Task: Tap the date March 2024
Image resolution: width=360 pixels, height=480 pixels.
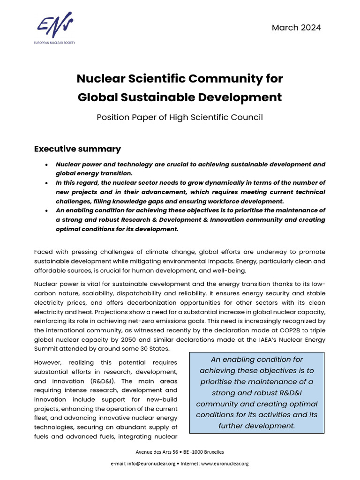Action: pyautogui.click(x=296, y=28)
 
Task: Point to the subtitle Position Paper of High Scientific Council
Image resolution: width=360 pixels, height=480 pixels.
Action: pyautogui.click(x=180, y=117)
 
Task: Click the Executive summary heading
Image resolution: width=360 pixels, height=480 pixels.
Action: pyautogui.click(x=77, y=149)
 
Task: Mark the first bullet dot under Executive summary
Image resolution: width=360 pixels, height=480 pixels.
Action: pyautogui.click(x=46, y=165)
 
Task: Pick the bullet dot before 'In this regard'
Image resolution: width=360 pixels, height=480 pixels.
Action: pyautogui.click(x=46, y=183)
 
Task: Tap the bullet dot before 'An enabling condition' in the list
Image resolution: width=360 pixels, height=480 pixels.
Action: pyautogui.click(x=46, y=210)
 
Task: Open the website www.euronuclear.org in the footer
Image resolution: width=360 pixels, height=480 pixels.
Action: pyautogui.click(x=225, y=464)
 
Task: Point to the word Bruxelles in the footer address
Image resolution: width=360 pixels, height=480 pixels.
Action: pyautogui.click(x=210, y=452)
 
